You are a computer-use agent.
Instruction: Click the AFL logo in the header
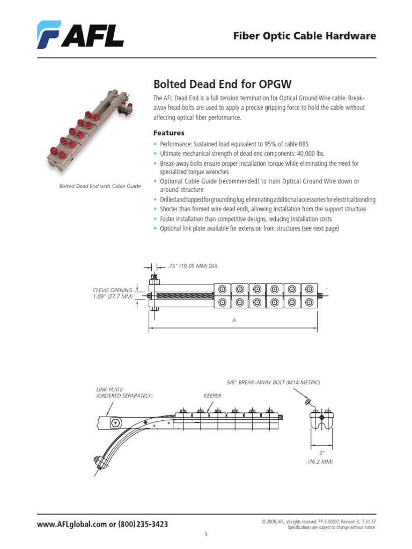click(80, 35)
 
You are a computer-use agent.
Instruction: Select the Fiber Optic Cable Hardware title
click(304, 36)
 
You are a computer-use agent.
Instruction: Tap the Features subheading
click(168, 132)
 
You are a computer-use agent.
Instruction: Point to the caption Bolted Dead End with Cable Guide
click(99, 186)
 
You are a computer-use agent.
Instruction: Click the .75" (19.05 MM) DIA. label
click(194, 266)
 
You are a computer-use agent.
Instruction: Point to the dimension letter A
click(234, 320)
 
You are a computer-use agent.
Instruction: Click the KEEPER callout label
click(212, 396)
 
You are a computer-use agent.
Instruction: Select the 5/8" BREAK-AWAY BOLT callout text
click(274, 382)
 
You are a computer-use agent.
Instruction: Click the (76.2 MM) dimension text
click(320, 462)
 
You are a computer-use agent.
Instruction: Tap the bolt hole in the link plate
click(116, 424)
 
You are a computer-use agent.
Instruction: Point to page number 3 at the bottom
click(205, 535)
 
